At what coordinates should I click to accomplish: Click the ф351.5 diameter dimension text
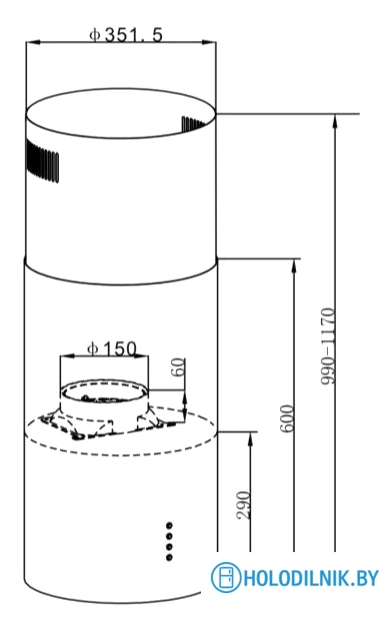point(126,35)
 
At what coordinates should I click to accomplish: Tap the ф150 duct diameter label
point(112,349)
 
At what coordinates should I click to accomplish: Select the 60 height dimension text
point(178,366)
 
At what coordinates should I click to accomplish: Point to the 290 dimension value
point(243,505)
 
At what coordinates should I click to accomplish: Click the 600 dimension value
point(287,418)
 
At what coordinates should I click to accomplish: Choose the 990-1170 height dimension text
point(328,346)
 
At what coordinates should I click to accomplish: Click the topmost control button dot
point(169,525)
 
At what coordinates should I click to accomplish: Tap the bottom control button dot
point(169,557)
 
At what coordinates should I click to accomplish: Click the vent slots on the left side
point(42,161)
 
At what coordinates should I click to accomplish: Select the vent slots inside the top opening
point(193,124)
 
